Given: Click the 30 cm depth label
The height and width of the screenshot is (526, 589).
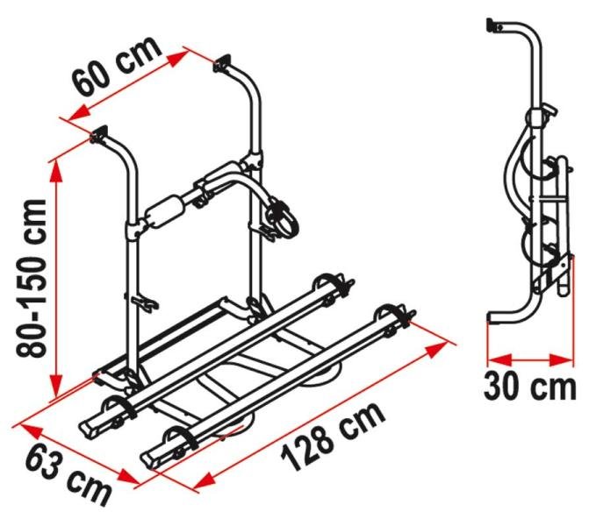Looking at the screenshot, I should [532, 387].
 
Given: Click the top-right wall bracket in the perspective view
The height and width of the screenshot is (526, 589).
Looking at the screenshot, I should [225, 63].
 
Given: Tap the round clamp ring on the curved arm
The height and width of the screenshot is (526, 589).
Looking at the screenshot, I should [281, 216].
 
